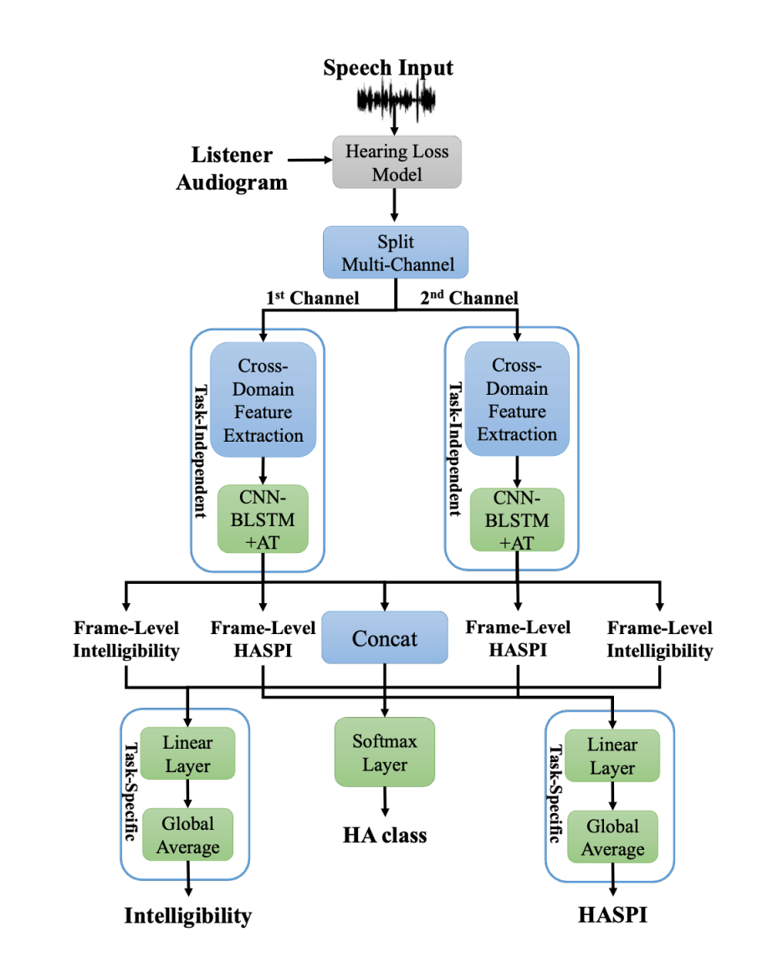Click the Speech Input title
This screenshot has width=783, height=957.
coord(388,68)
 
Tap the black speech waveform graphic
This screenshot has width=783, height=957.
coord(397,101)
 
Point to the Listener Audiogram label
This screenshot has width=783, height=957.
coord(232,168)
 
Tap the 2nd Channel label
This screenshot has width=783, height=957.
coord(468,298)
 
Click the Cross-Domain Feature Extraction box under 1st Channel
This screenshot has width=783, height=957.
coord(264,399)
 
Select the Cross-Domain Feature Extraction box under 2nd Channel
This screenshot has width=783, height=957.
coord(517,399)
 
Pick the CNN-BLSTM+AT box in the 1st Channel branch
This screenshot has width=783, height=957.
coord(264,519)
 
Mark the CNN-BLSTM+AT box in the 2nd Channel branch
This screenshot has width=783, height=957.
coord(517,519)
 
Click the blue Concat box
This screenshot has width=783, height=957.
coord(385,639)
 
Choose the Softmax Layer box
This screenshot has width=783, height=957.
coord(385,752)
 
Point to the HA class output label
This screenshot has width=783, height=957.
coord(385,834)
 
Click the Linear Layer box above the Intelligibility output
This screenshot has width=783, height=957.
coord(187,755)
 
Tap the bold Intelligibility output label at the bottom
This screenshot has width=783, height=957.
coord(187,915)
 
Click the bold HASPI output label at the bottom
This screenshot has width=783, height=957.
coord(613,914)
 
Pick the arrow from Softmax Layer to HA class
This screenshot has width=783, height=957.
coord(385,801)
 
